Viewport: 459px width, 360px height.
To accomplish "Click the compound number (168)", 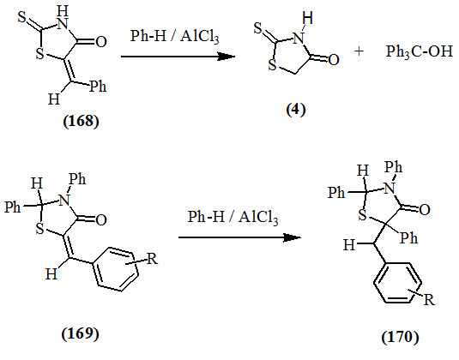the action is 82,121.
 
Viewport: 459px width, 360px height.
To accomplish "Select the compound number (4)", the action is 296,110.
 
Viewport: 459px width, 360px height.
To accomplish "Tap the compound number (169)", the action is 80,333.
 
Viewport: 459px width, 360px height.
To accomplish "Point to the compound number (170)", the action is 400,337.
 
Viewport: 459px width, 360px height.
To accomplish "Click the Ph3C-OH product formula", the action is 420,51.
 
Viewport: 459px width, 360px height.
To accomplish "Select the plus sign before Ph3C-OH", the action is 359,51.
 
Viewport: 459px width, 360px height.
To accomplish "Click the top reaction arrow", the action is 178,57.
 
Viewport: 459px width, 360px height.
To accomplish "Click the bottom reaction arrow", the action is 239,237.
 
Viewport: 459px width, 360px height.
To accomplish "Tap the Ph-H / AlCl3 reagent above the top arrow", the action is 174,37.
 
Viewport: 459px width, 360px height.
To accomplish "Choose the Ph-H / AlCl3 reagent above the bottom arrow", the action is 233,218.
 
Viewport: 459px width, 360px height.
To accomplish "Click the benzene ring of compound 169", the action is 116,269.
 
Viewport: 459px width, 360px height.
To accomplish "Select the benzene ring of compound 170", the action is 397,283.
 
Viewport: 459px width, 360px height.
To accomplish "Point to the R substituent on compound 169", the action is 152,259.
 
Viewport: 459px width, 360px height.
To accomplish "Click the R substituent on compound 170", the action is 429,300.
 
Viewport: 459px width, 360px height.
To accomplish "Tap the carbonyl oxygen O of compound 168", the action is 101,42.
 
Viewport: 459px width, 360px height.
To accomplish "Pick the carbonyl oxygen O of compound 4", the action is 334,60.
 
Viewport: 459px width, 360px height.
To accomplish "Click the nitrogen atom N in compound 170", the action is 390,189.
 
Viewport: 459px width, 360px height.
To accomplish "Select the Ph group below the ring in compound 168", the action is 98,87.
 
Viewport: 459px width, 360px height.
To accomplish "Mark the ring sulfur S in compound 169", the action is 39,230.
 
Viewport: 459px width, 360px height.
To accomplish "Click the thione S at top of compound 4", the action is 258,28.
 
